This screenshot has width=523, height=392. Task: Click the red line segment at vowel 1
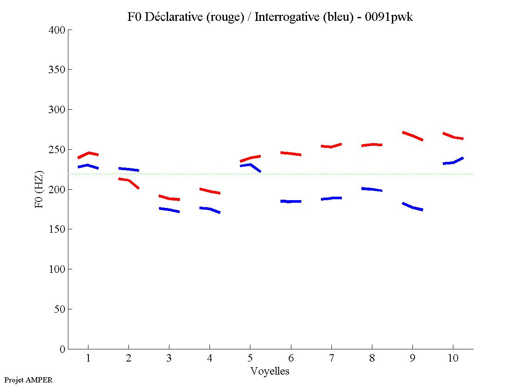coord(88,153)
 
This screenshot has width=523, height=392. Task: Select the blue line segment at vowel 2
coord(128,169)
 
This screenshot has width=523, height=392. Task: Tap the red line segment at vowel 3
coord(169,198)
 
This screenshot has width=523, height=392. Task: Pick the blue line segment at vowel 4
coord(209,209)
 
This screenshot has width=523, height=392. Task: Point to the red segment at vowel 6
coord(290,154)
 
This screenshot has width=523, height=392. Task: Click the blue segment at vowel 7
coord(331,198)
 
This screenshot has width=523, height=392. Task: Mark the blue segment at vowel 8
coord(372,189)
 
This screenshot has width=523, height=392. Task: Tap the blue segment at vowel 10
coord(453,162)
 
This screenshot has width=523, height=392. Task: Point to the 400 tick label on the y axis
coord(57,30)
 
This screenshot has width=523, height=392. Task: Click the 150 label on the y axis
coord(57,229)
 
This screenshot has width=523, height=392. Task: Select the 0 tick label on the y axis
coord(63,349)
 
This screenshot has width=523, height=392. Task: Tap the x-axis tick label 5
coord(250,358)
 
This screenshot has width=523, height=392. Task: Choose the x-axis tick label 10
coord(453,358)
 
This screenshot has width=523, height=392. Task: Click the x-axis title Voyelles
coord(270,371)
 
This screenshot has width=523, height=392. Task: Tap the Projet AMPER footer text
coord(28,380)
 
